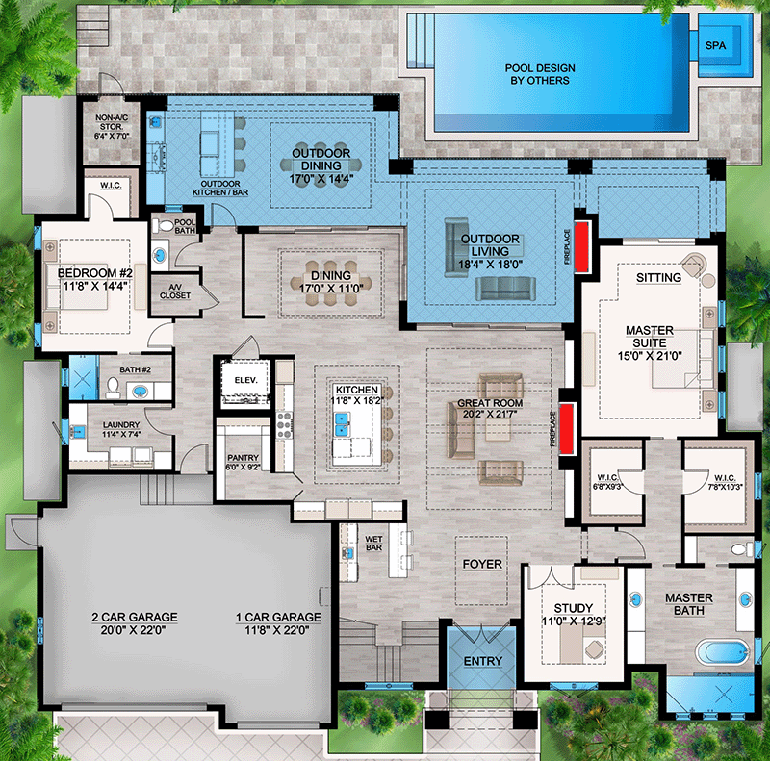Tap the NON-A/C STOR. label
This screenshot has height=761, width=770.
click(x=116, y=123)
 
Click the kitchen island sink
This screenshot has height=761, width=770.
click(x=342, y=420)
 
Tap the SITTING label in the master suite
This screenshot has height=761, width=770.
click(x=658, y=277)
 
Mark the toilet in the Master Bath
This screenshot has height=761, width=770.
click(x=739, y=551)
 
